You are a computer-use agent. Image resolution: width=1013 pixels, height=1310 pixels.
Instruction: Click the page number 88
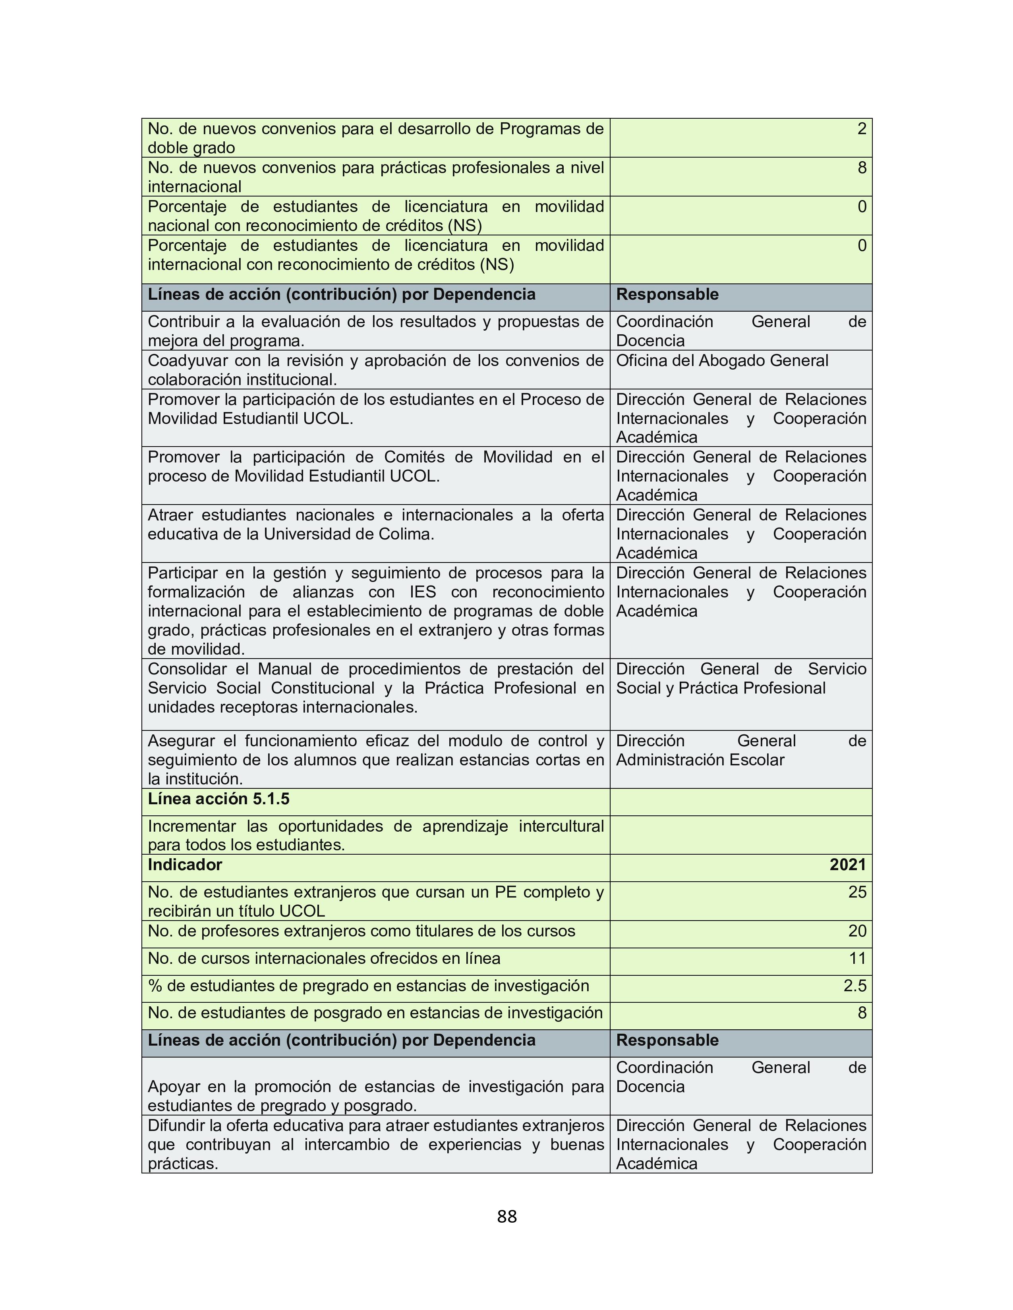point(506,1216)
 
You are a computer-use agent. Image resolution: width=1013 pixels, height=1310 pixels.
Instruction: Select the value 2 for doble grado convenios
point(861,129)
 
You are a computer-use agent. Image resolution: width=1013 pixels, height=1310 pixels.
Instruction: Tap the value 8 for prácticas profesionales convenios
point(861,168)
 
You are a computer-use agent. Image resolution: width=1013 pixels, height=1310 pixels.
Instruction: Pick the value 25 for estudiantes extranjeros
point(857,892)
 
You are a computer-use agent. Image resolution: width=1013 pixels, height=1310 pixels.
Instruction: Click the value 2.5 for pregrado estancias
point(854,986)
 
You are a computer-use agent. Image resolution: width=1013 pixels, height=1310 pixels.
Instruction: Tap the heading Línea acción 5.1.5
point(218,799)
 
